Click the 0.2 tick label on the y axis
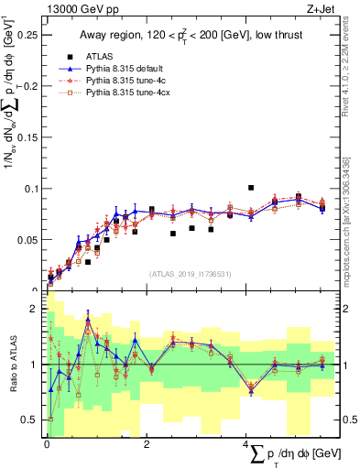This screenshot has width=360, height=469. coord(33,86)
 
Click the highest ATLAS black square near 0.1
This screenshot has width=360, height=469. coord(250,188)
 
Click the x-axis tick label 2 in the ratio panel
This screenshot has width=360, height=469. coord(147,444)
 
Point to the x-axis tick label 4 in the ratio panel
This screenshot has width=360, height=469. coord(246,444)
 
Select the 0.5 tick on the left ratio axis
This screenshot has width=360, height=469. coord(33,420)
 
